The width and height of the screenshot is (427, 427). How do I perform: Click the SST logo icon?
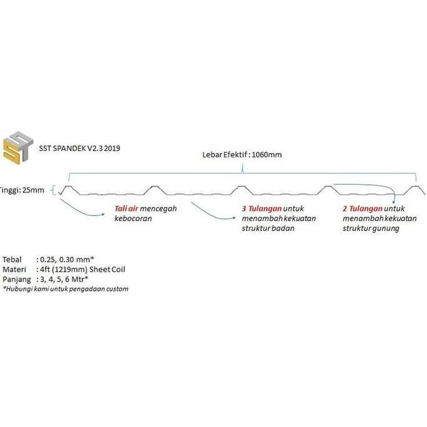(18, 147)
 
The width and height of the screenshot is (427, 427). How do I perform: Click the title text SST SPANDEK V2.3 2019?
(79, 149)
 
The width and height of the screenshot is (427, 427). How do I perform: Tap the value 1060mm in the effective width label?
(267, 155)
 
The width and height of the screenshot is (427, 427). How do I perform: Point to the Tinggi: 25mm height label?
(22, 190)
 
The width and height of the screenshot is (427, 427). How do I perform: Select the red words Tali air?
(126, 209)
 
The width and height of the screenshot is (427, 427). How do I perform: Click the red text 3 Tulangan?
(262, 209)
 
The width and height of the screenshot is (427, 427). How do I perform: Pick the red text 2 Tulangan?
(363, 209)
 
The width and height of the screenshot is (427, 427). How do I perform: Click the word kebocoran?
(133, 218)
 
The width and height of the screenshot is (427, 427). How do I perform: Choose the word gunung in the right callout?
(386, 228)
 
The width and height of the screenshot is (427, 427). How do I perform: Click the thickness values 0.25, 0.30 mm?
(67, 260)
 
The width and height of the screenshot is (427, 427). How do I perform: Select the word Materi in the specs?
(14, 269)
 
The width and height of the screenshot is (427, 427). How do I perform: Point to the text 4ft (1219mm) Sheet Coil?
(82, 269)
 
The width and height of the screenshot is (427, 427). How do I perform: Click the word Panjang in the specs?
(17, 280)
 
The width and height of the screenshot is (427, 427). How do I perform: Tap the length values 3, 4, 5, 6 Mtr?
(64, 280)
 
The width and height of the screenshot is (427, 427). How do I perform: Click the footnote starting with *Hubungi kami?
(66, 289)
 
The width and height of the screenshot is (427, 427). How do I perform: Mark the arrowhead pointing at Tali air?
(103, 214)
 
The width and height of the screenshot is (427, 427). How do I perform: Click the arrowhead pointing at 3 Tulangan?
(234, 218)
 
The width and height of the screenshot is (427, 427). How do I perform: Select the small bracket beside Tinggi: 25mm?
(54, 190)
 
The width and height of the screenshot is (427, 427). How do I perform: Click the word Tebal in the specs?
(12, 260)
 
